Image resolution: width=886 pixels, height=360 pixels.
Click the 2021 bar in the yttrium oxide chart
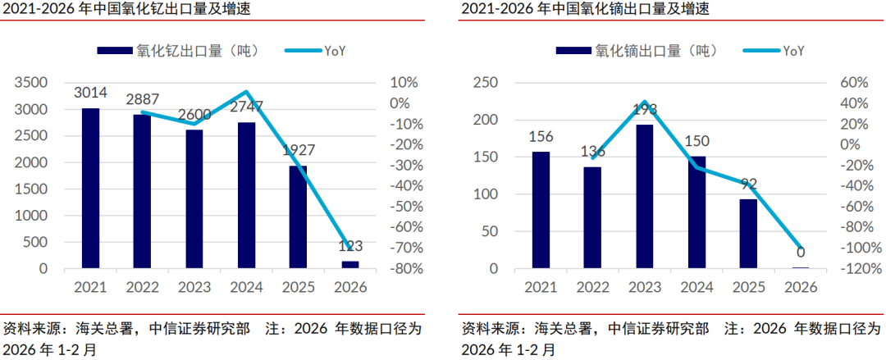pyautogui.click(x=90, y=188)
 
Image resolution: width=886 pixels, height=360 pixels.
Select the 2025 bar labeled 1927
pyautogui.click(x=297, y=216)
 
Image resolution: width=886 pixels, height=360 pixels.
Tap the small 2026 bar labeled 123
pyautogui.click(x=349, y=264)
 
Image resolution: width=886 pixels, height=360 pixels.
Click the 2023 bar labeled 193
pyautogui.click(x=645, y=196)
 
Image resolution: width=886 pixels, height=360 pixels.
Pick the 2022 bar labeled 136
pyautogui.click(x=592, y=217)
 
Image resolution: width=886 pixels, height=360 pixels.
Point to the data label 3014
pyautogui.click(x=90, y=92)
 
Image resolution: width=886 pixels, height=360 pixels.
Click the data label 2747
pyautogui.click(x=246, y=107)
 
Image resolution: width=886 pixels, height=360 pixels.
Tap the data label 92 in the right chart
pyautogui.click(x=748, y=184)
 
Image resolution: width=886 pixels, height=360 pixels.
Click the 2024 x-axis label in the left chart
pyautogui.click(x=246, y=287)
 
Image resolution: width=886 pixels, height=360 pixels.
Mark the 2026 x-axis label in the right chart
pyautogui.click(x=801, y=287)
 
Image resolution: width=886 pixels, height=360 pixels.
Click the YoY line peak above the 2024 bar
pyautogui.click(x=246, y=92)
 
